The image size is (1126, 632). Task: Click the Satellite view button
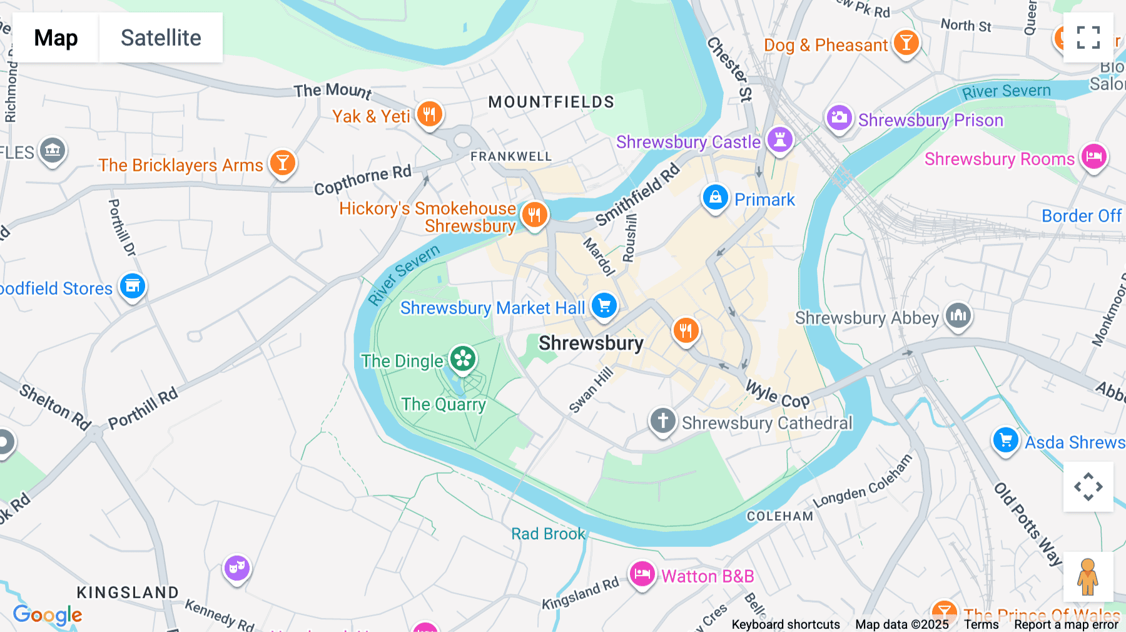pyautogui.click(x=161, y=38)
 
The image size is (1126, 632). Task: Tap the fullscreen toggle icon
pyautogui.click(x=1088, y=38)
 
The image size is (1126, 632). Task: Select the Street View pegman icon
pyautogui.click(x=1088, y=576)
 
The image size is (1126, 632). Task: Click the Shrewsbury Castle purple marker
pyautogui.click(x=779, y=139)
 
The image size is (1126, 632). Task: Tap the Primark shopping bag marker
pyautogui.click(x=715, y=198)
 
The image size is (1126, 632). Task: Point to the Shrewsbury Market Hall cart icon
pyautogui.click(x=604, y=306)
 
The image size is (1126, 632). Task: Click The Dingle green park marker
pyautogui.click(x=463, y=359)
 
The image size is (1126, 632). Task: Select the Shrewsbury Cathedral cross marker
pyautogui.click(x=662, y=420)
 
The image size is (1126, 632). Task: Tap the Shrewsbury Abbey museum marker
pyautogui.click(x=958, y=315)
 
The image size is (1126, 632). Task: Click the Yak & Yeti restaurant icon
pyautogui.click(x=429, y=115)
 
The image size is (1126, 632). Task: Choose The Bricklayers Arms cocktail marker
pyautogui.click(x=282, y=163)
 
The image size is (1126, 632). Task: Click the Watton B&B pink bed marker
pyautogui.click(x=642, y=573)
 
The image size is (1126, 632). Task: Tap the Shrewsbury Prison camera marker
pyautogui.click(x=839, y=118)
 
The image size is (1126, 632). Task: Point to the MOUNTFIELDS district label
pyautogui.click(x=551, y=102)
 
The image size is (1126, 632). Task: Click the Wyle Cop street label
pyautogui.click(x=777, y=395)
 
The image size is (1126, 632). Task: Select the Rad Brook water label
pyautogui.click(x=548, y=534)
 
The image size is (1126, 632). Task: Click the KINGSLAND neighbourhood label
pyautogui.click(x=128, y=592)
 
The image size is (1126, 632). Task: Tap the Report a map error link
pyautogui.click(x=1066, y=624)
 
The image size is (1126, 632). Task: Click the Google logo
pyautogui.click(x=48, y=615)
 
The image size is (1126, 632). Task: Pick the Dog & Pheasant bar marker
pyautogui.click(x=906, y=43)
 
